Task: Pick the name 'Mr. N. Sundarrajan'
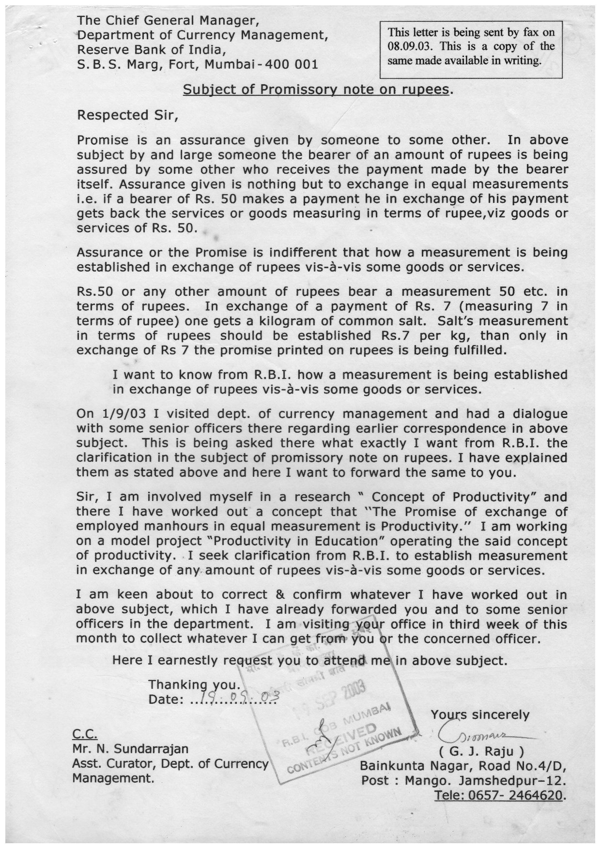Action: tap(130, 749)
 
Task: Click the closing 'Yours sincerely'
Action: tap(480, 714)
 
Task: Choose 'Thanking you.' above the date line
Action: tap(194, 684)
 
